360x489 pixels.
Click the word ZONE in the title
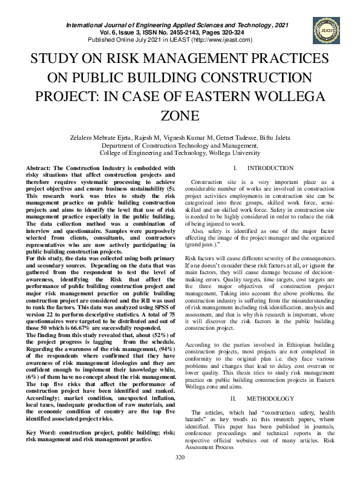tap(180, 116)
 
